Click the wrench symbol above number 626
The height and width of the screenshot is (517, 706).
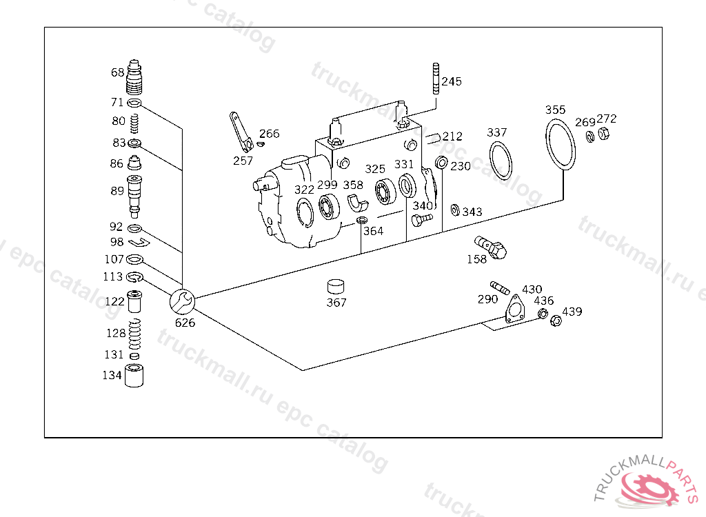click(x=182, y=301)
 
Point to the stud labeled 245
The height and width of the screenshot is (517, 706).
click(x=436, y=79)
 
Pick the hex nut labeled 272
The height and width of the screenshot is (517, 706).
click(x=603, y=133)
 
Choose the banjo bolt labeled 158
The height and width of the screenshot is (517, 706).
click(x=491, y=247)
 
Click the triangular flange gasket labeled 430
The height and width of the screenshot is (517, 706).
click(x=514, y=310)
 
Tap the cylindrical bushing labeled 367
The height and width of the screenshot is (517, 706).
click(x=336, y=287)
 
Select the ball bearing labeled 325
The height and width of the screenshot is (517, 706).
click(x=385, y=191)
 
